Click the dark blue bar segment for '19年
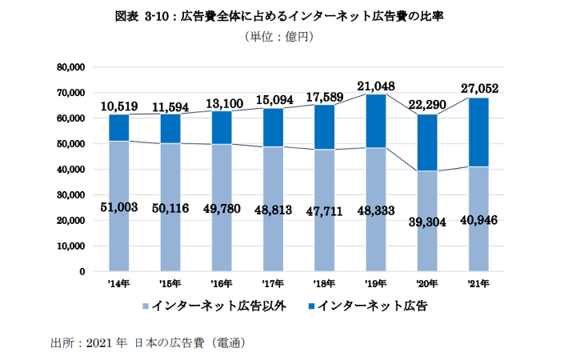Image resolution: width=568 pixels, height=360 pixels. (x=376, y=121)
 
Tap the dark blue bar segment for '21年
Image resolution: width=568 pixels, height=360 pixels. (x=479, y=132)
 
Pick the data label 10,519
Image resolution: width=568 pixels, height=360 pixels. (x=119, y=106)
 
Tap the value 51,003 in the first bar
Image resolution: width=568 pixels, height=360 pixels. (x=119, y=207)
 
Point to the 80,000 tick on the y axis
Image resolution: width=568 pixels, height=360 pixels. (x=71, y=67)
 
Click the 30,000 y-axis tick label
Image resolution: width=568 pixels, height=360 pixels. (x=71, y=194)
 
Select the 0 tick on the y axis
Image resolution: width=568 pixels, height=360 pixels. (x=82, y=271)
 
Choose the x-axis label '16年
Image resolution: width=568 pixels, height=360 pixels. (x=222, y=283)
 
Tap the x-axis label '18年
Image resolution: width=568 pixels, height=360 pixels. (x=325, y=283)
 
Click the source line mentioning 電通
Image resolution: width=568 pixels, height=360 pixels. (x=147, y=343)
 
